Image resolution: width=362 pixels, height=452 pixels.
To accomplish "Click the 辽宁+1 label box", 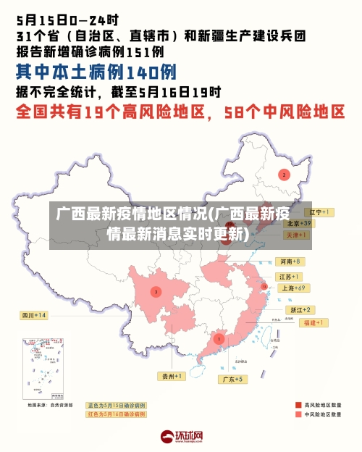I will coord(319,212).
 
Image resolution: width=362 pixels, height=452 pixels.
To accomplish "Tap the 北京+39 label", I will coord(298,223).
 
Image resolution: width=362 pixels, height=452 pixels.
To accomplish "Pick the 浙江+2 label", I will coord(301,309).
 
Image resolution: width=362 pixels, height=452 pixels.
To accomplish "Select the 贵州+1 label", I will coord(173,376).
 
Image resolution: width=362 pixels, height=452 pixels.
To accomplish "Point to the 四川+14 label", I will coord(34,315).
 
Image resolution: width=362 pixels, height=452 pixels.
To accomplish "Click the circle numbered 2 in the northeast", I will coord(285,175).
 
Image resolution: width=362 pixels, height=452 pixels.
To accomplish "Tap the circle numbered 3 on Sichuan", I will coord(156,291).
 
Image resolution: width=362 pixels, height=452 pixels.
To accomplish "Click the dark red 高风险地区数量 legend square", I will coord(298,405).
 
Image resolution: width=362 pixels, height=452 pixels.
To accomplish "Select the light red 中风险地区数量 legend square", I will coord(298,416).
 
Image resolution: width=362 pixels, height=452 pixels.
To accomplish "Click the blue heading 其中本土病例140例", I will coord(96,72).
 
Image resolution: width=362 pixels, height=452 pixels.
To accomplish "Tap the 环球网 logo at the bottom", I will coord(181,437).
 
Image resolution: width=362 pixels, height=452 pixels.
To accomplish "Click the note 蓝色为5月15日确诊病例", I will coord(116,405).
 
